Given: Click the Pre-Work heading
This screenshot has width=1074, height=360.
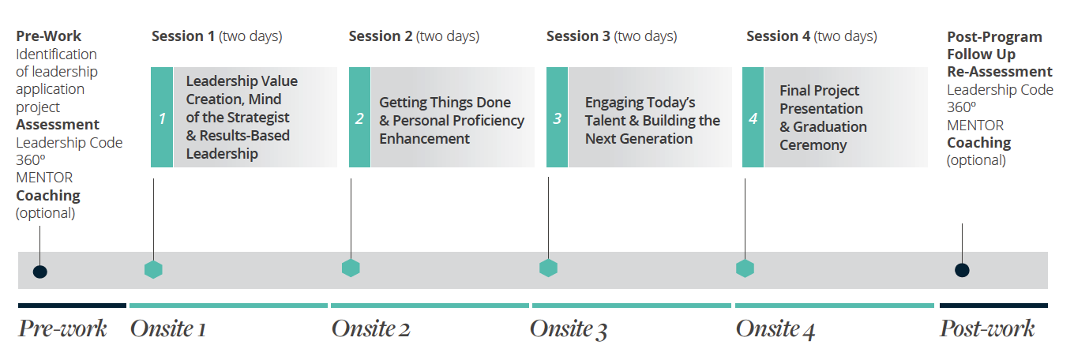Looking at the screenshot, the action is [48, 36].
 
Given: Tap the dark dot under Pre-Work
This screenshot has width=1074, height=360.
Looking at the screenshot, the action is [39, 272].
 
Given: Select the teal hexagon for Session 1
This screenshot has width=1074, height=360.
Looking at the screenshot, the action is [153, 269].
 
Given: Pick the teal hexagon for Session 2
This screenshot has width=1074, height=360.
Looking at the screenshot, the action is [351, 268].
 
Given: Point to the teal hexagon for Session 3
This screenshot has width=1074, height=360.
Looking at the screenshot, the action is [549, 268].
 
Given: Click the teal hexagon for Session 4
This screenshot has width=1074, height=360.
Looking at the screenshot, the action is [745, 268].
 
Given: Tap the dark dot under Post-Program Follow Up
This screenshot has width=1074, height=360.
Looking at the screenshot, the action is [962, 270].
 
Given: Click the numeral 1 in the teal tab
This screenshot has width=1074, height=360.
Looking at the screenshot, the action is [162, 118].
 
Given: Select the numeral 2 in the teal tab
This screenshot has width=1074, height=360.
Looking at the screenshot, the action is [359, 118].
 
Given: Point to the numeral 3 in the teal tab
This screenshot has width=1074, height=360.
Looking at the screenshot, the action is [558, 118].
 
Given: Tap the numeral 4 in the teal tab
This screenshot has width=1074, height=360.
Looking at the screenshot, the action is [753, 118].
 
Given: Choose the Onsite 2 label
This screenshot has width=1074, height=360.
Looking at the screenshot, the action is [371, 329].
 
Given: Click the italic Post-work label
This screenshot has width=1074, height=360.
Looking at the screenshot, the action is [987, 328].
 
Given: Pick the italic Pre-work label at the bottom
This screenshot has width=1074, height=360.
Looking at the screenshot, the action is [62, 328].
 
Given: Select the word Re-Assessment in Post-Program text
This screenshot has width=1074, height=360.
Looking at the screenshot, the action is [1000, 71].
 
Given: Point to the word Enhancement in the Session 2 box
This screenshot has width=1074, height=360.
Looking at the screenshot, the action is [424, 138].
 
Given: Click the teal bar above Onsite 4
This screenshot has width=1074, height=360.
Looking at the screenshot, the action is [835, 306].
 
